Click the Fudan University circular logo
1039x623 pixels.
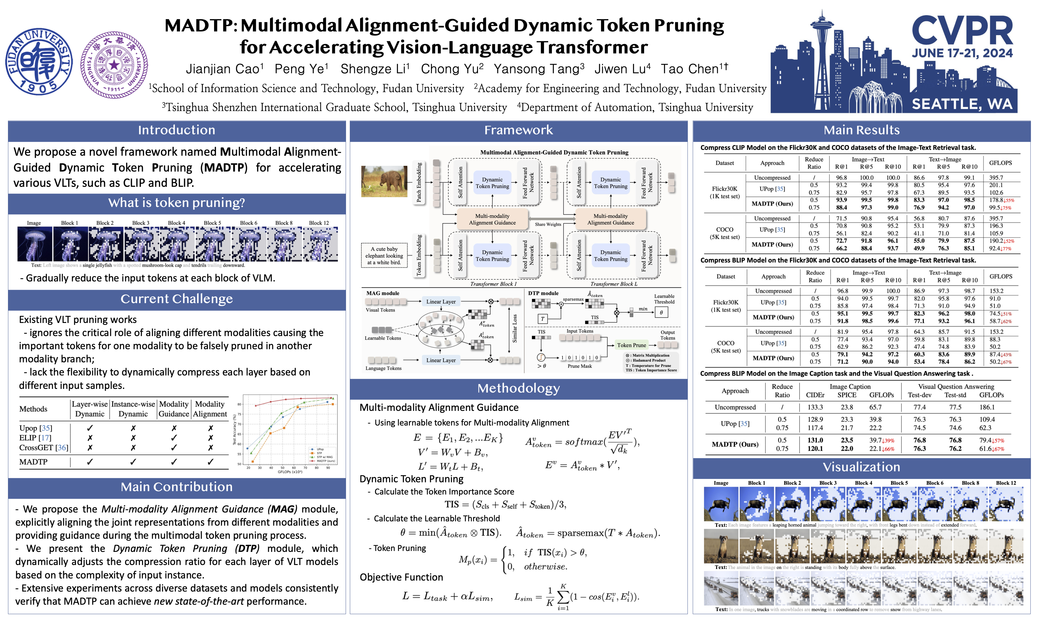click(39, 62)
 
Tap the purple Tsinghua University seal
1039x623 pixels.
click(114, 65)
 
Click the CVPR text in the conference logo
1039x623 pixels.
click(962, 31)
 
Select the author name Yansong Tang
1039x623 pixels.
click(539, 69)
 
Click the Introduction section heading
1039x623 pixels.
click(177, 130)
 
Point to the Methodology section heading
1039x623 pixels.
click(518, 388)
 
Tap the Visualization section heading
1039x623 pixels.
click(861, 467)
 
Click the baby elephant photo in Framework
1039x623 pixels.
click(384, 181)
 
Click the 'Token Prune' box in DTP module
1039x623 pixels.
click(631, 345)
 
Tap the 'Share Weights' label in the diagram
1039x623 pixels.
click(548, 224)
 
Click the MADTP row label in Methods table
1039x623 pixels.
click(34, 462)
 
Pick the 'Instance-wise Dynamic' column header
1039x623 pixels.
click(133, 409)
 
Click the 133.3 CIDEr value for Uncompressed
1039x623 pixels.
click(815, 407)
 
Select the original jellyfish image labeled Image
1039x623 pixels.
click(35, 244)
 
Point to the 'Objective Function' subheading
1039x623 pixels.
click(401, 577)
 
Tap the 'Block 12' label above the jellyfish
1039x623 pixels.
click(319, 223)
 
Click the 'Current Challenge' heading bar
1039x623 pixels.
click(177, 299)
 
